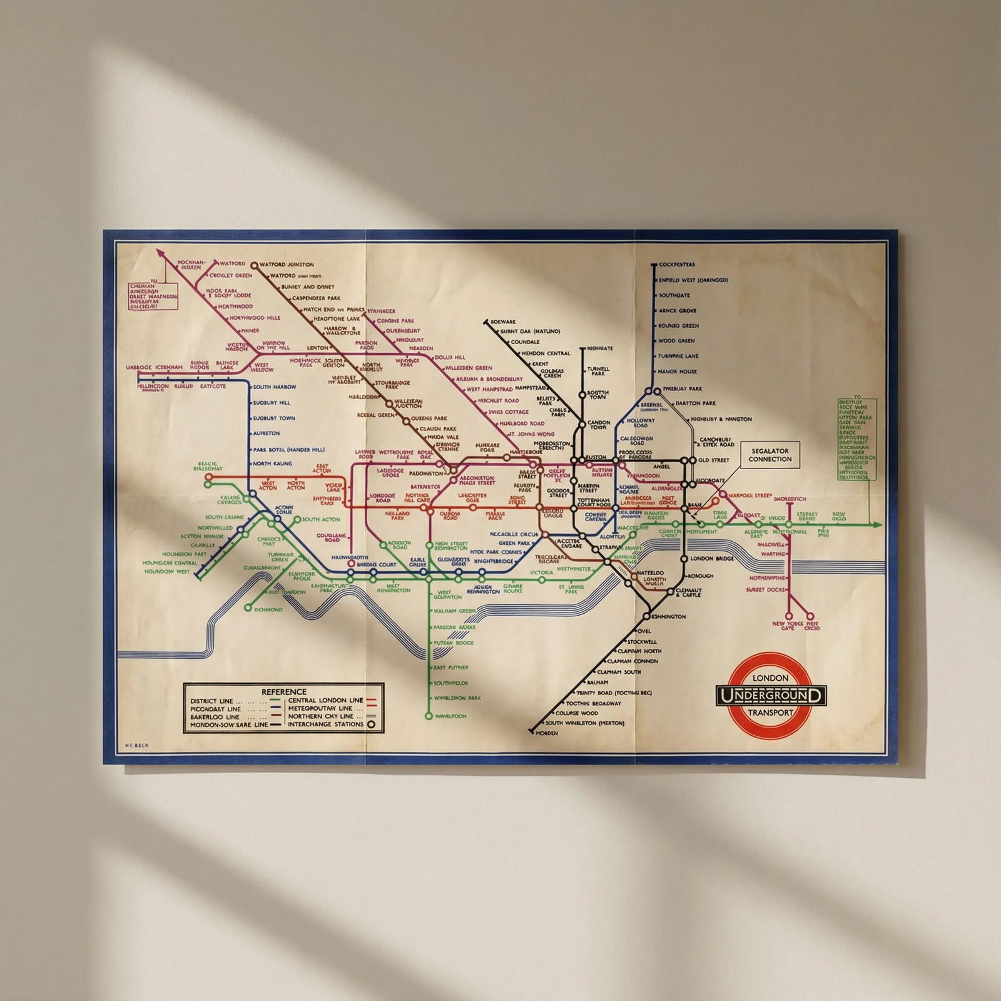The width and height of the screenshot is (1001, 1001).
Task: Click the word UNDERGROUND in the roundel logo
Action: click(771, 695)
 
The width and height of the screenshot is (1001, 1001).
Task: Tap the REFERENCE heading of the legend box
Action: click(283, 691)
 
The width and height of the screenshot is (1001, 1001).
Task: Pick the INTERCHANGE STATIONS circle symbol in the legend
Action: click(371, 724)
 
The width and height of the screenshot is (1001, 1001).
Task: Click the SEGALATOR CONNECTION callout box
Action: click(770, 455)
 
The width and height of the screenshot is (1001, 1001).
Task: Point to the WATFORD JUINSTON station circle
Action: click(255, 265)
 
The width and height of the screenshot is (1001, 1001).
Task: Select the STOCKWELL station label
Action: click(643, 641)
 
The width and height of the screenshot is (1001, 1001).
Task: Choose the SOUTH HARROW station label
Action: click(274, 387)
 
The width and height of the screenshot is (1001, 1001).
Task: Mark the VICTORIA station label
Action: click(541, 572)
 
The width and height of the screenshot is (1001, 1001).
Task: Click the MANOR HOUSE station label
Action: click(677, 372)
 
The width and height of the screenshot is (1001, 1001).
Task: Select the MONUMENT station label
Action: click(701, 532)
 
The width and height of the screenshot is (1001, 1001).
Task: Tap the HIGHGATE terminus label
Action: click(600, 348)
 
